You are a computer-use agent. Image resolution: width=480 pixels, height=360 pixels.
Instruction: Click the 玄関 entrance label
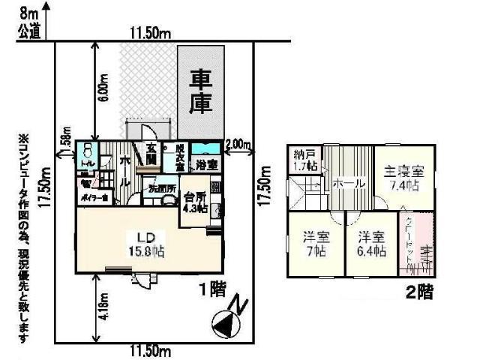pyautogui.click(x=151, y=154)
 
